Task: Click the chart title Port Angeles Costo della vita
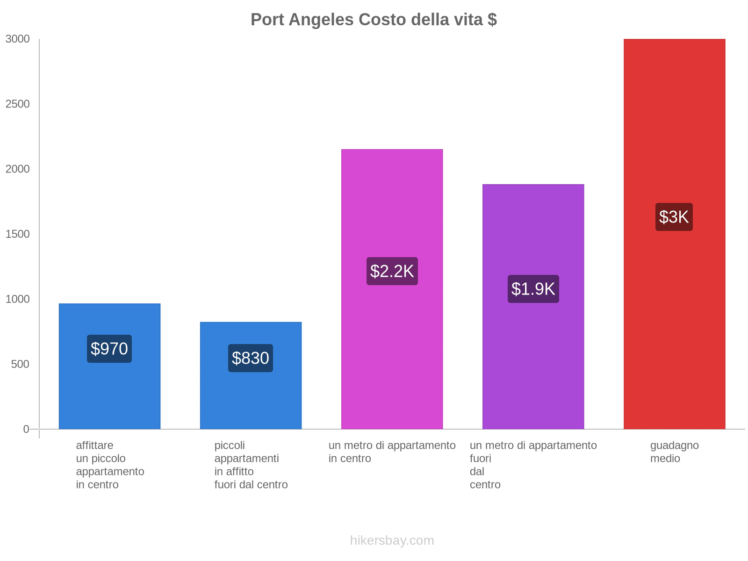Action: pyautogui.click(x=374, y=20)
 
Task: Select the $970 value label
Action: pyautogui.click(x=109, y=349)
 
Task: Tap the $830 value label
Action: pyautogui.click(x=251, y=358)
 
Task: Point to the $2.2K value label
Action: pyautogui.click(x=392, y=271)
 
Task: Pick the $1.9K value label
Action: pyautogui.click(x=533, y=289)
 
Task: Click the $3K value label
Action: pyautogui.click(x=674, y=217)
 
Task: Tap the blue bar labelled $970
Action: pyautogui.click(x=109, y=397)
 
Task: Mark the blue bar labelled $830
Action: pyautogui.click(x=251, y=402)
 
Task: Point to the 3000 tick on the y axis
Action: pyautogui.click(x=18, y=39)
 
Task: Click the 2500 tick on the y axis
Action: pyautogui.click(x=18, y=104)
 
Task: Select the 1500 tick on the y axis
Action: pyautogui.click(x=18, y=234)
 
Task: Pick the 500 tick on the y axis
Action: pyautogui.click(x=21, y=364)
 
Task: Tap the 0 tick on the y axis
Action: pyautogui.click(x=26, y=429)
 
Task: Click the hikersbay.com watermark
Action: pyautogui.click(x=392, y=540)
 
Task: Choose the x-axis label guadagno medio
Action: pyautogui.click(x=674, y=452)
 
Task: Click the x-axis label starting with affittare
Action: pyautogui.click(x=110, y=465)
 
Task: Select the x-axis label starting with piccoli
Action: pyautogui.click(x=251, y=465)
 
